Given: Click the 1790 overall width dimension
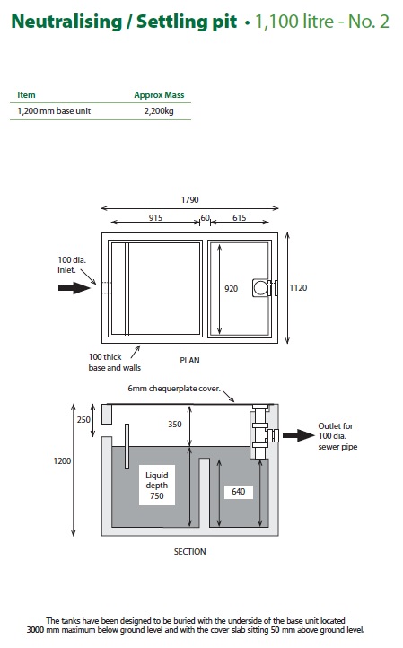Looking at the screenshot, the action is click(189, 200).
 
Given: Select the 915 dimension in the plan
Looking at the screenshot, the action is click(155, 218).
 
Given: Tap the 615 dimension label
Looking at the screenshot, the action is click(240, 218).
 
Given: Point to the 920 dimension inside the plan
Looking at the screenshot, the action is click(231, 288).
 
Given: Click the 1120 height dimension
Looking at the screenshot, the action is click(298, 287).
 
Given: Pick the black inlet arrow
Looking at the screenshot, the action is click(74, 287).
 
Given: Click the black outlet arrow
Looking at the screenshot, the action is click(299, 435).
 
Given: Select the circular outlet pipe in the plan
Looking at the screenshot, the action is click(260, 287).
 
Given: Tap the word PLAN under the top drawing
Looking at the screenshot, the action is click(189, 361).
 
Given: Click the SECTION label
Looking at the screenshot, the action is click(189, 552).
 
